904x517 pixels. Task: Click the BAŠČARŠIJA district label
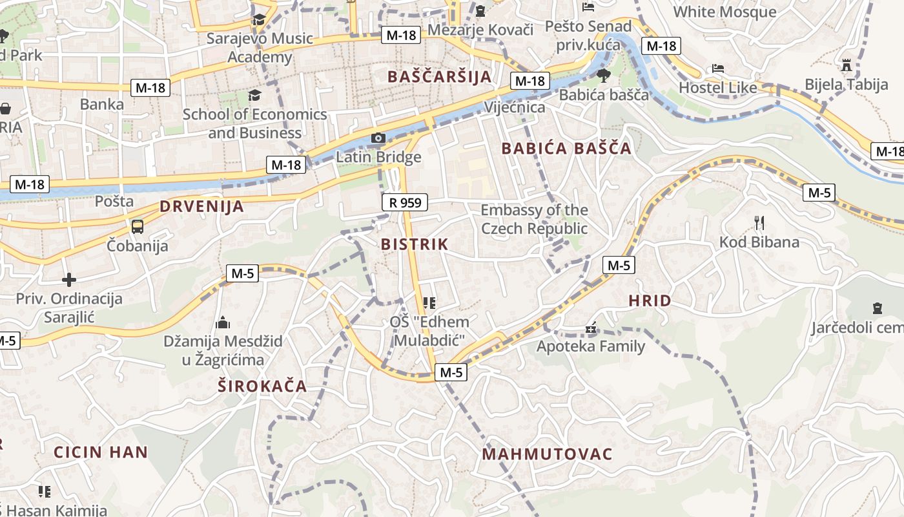click(x=439, y=77)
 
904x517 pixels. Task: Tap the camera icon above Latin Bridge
click(x=378, y=138)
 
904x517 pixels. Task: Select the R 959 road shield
click(x=405, y=203)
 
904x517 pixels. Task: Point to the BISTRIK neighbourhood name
click(x=415, y=244)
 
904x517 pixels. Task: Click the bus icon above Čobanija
click(x=138, y=227)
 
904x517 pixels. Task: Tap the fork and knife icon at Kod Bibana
click(x=759, y=224)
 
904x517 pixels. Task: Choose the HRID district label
click(x=650, y=301)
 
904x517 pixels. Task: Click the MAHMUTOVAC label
click(x=547, y=454)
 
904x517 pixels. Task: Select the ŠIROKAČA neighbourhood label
click(x=262, y=386)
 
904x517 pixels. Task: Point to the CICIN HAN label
click(x=101, y=452)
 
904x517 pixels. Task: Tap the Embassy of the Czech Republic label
click(x=534, y=219)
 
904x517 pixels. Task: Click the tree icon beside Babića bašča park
click(x=604, y=76)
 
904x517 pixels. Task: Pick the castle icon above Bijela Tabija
click(x=847, y=65)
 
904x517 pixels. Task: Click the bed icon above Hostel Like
click(x=718, y=69)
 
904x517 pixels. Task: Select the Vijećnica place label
click(x=515, y=107)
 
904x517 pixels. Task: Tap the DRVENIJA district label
click(x=201, y=207)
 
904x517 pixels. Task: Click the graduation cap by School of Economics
click(x=254, y=96)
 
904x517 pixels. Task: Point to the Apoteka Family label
click(x=591, y=346)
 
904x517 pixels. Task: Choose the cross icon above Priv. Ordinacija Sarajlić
click(x=69, y=280)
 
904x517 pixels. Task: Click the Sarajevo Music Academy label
click(x=260, y=48)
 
